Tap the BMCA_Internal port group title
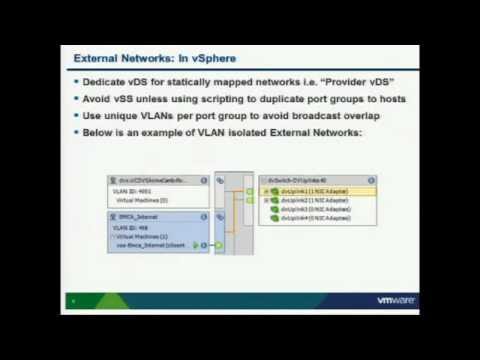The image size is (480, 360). [x=137, y=215]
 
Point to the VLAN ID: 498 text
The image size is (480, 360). [x=130, y=226]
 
